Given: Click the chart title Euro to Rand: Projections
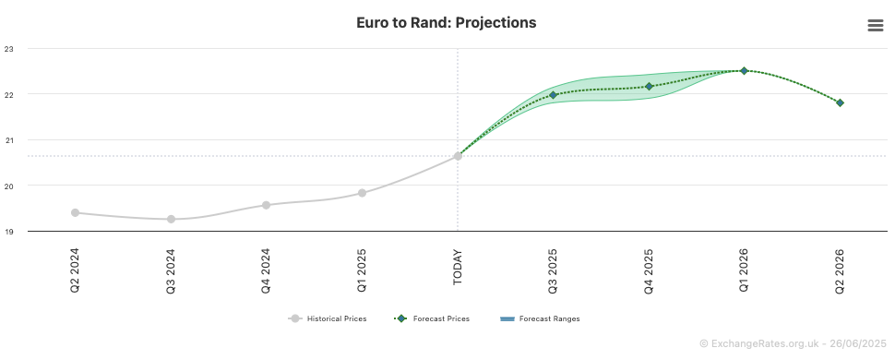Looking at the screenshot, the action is click(447, 23).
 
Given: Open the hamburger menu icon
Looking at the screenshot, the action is click(875, 25).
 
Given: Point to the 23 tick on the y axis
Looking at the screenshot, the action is click(8, 49).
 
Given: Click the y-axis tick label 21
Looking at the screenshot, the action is click(8, 140).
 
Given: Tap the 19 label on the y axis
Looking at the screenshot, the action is click(8, 232).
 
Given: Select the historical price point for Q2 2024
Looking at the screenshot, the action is click(76, 212).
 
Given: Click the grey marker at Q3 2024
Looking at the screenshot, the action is click(172, 219).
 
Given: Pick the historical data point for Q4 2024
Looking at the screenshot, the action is click(266, 205).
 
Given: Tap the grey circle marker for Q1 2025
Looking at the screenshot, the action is click(362, 193).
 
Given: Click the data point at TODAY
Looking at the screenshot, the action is click(458, 155).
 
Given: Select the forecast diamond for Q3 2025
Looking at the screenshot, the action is click(553, 95).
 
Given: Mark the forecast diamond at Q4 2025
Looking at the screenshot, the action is click(649, 86).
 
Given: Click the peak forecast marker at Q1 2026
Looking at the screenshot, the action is click(744, 70).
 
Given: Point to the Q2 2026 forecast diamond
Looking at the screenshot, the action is click(840, 102).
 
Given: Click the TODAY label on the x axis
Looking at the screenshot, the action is click(458, 267).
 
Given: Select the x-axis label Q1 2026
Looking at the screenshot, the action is click(744, 270).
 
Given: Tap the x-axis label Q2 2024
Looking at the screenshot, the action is click(76, 270).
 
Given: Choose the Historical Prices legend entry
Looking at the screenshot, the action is click(327, 318).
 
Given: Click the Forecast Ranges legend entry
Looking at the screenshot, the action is click(540, 318).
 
